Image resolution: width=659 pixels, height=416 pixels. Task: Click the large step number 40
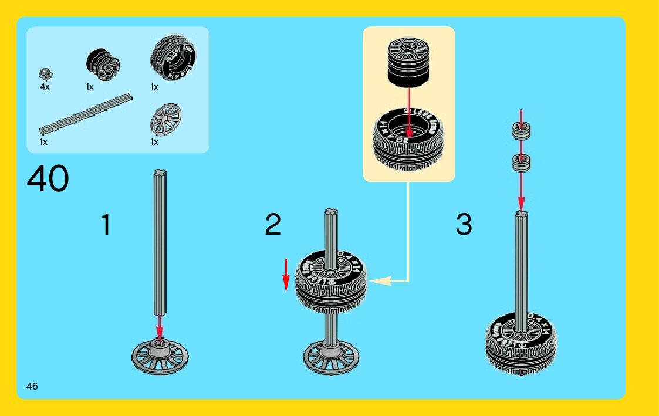coord(48,178)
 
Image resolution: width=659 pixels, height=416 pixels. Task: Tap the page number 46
coord(32,386)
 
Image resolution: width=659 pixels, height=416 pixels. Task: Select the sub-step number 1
coord(106,224)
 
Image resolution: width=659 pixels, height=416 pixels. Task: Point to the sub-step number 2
coord(273,224)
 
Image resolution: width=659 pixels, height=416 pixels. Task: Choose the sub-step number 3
coord(464,224)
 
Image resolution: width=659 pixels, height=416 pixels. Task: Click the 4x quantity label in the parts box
coord(45,87)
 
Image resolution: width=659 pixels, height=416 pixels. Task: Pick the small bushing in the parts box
coord(46,75)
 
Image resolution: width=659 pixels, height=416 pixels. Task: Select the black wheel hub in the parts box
coord(103,65)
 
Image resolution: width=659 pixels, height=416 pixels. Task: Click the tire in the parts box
coord(173,57)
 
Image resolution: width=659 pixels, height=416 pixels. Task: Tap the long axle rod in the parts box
coord(86,114)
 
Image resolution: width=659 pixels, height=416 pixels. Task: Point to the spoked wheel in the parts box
coord(165,119)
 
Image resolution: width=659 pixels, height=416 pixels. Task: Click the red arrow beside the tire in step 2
coord(286,275)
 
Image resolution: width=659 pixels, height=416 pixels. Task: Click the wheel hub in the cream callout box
coord(408,62)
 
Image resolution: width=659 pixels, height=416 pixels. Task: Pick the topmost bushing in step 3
coord(521,131)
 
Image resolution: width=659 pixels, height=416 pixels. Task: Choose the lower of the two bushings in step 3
coord(521,163)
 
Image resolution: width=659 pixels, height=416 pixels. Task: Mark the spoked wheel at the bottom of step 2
coord(331,357)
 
